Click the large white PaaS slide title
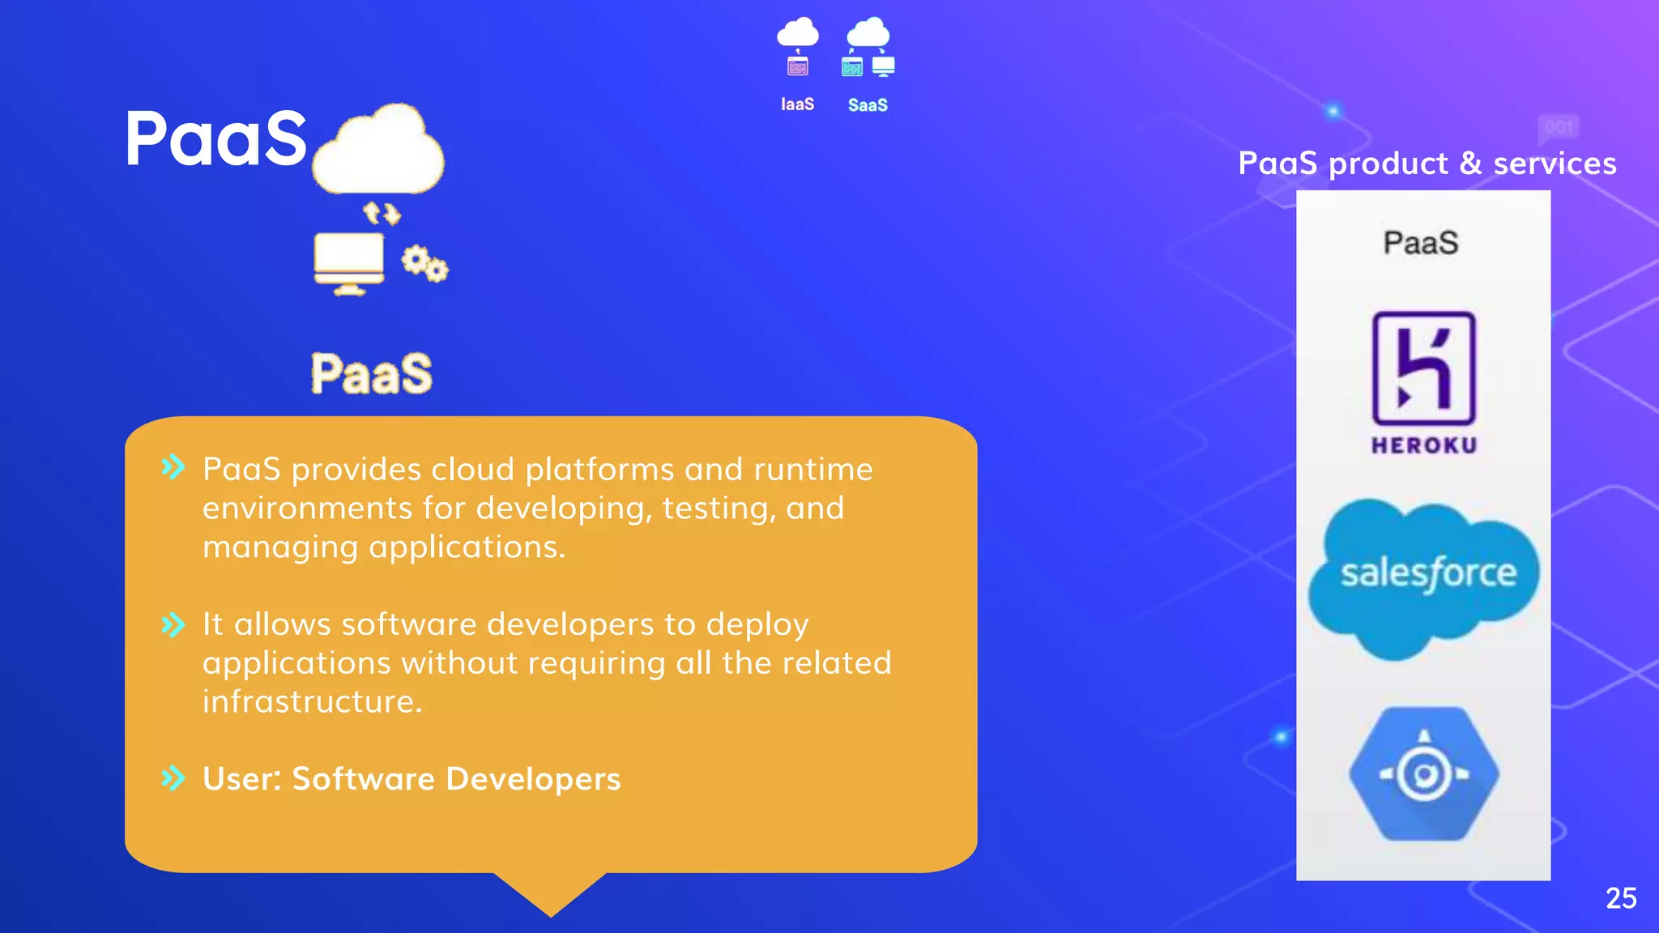click(x=216, y=139)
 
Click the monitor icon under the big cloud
click(x=349, y=262)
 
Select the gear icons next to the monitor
click(x=425, y=264)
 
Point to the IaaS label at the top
click(x=797, y=104)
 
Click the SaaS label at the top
click(x=868, y=105)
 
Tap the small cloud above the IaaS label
click(x=798, y=33)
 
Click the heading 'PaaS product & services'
click(x=1427, y=164)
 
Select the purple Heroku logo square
click(x=1423, y=368)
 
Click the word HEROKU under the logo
click(x=1423, y=445)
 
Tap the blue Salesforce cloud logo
click(x=1424, y=577)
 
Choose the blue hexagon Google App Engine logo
click(x=1424, y=774)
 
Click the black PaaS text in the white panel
click(x=1421, y=243)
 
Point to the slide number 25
click(x=1621, y=898)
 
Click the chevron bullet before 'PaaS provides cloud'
click(x=173, y=467)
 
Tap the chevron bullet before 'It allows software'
click(x=173, y=624)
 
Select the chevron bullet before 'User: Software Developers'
click(x=173, y=778)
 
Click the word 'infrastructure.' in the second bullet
click(x=313, y=701)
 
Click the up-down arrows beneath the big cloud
click(x=382, y=214)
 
